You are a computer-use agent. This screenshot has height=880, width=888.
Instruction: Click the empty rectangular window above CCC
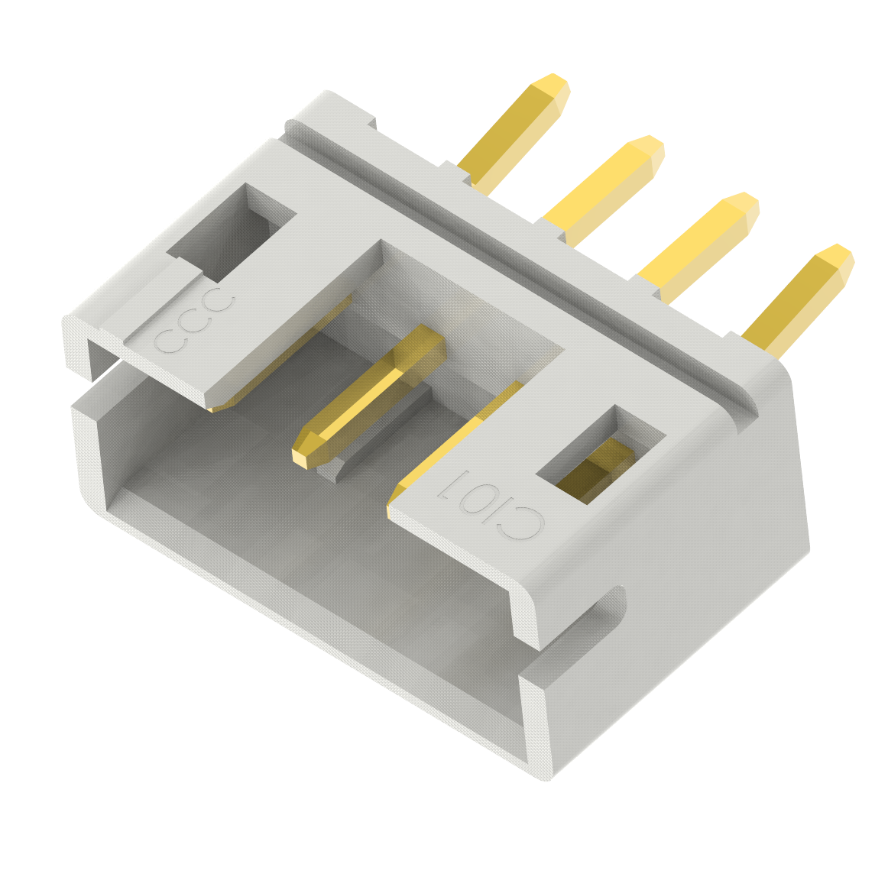click(229, 234)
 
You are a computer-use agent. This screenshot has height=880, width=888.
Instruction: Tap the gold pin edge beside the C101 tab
click(459, 435)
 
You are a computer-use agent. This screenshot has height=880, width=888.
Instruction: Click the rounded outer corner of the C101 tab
click(527, 603)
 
